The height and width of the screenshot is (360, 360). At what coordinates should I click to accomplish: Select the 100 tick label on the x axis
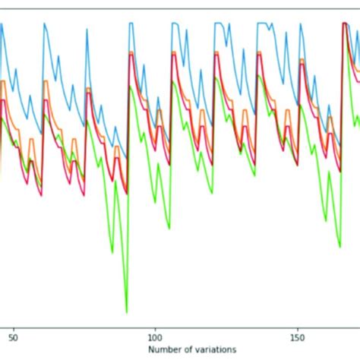155,334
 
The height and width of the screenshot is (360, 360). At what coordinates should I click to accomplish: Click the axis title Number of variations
192,348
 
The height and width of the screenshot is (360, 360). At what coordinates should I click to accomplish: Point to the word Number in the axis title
165,348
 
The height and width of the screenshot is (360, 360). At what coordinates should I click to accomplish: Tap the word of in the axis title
187,348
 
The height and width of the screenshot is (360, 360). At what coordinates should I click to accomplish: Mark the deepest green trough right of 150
339,247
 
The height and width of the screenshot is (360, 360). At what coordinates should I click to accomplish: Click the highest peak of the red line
343,24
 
